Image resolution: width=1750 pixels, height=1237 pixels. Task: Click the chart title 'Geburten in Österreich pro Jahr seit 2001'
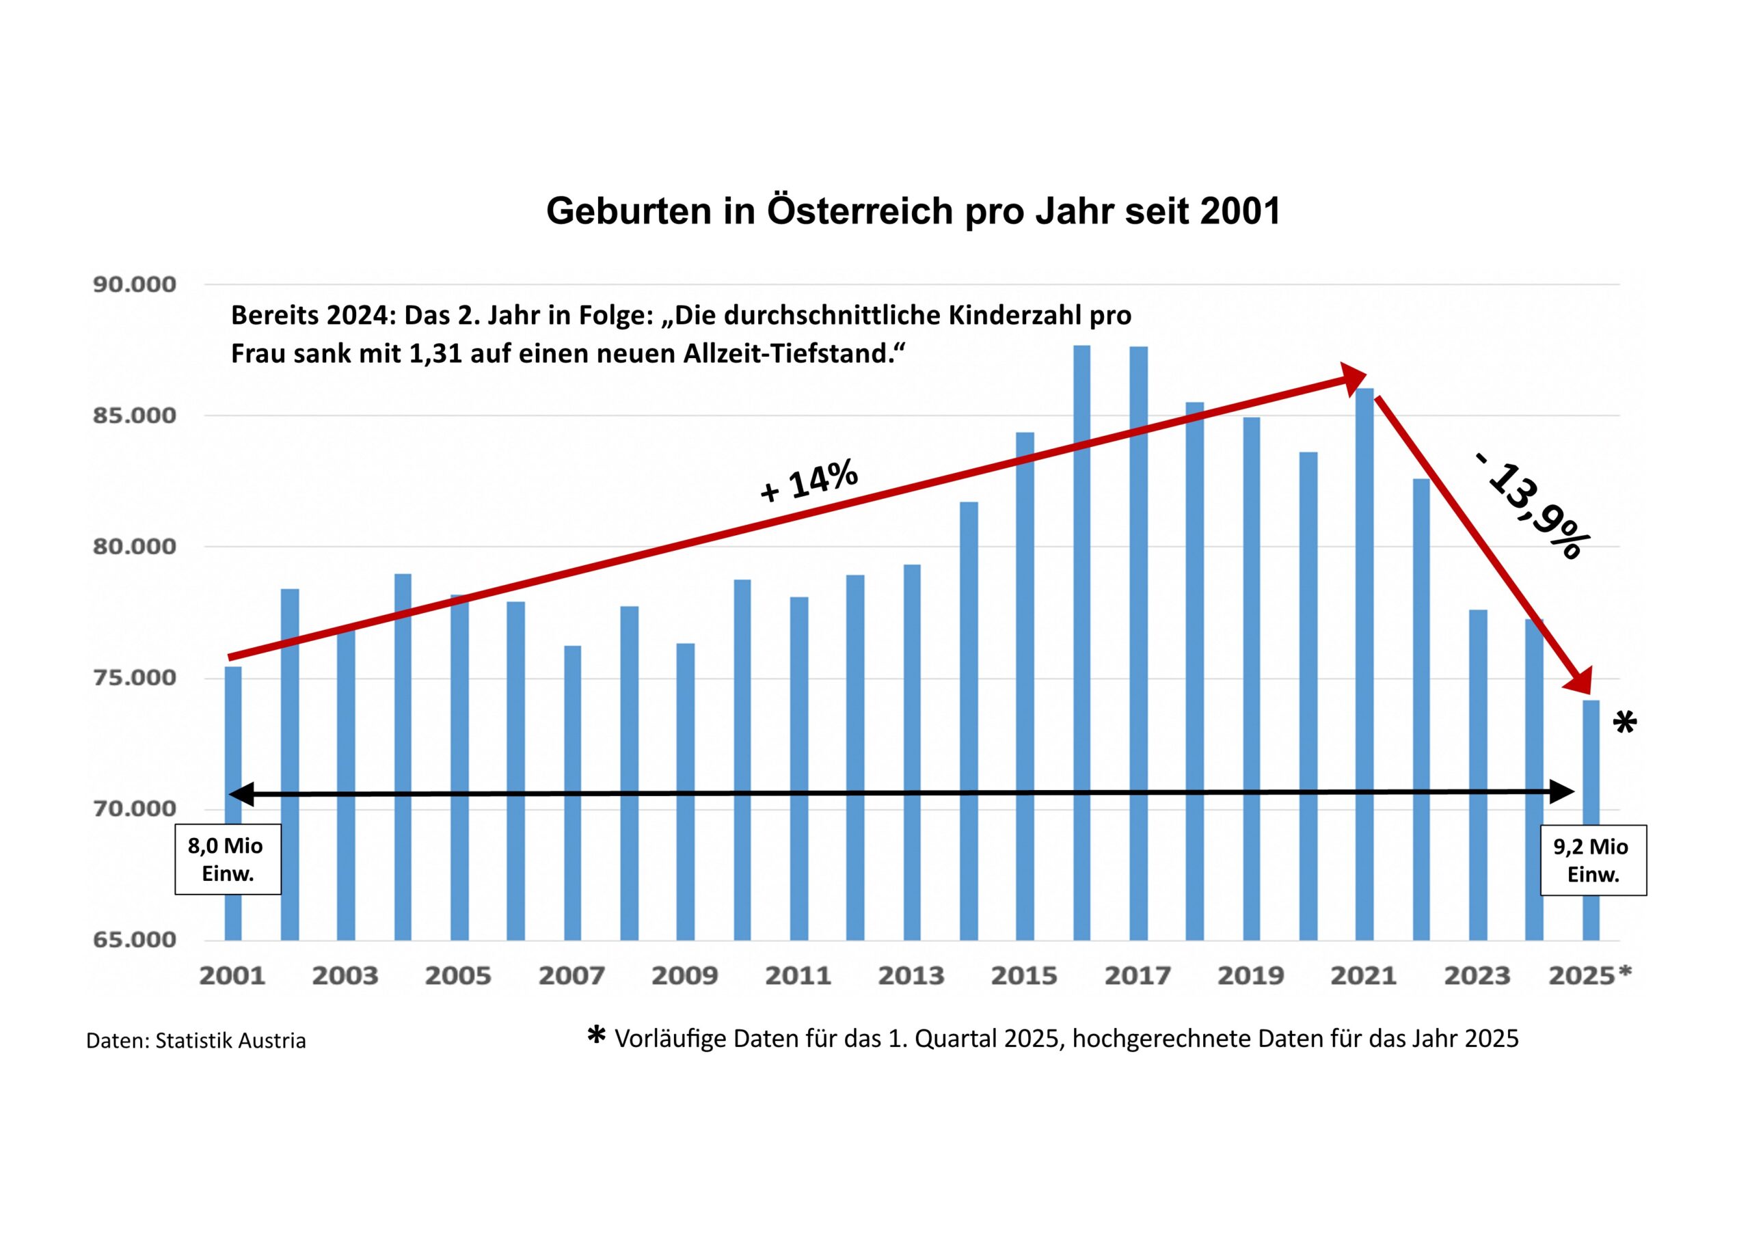pos(913,211)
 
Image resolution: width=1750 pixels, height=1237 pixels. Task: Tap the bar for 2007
pos(572,793)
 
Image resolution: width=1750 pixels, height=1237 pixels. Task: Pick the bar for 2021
pos(1364,663)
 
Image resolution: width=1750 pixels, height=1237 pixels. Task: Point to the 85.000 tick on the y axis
pos(134,416)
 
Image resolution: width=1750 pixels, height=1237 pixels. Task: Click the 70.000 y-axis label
pos(134,808)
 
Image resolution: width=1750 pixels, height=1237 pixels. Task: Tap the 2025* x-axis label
pos(1590,975)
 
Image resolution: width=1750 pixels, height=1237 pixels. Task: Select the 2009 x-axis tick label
pos(684,975)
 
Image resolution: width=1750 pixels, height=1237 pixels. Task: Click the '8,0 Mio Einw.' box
pos(227,859)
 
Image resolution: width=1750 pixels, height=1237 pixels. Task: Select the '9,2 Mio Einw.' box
pos(1593,860)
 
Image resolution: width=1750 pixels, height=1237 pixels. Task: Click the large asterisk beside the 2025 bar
pos(1625,722)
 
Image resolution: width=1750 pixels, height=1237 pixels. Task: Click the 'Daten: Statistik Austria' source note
pos(196,1041)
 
